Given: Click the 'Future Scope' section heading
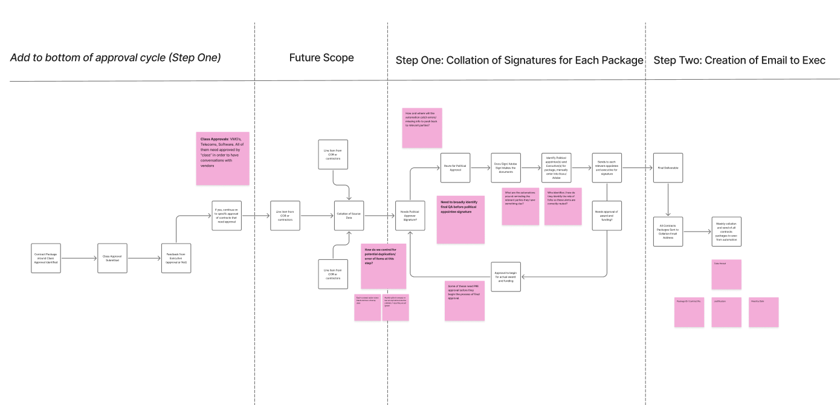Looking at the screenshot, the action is pos(321,58).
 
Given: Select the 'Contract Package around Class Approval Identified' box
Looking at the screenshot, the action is pos(46,258).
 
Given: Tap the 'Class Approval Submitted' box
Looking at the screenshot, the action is pos(112,258).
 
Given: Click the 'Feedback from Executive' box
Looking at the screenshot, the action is pos(176,258).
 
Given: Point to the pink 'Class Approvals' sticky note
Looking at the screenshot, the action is pos(222,158).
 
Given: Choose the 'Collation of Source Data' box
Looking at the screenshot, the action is pos(350,216).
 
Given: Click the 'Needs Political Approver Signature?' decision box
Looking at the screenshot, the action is pos(410,216).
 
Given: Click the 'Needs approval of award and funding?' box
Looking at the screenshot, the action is pos(607,216).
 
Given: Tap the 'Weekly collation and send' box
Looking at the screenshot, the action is pos(726,232).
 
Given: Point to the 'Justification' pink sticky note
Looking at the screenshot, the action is pos(726,312).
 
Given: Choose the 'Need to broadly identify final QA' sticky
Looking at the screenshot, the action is pos(460,219).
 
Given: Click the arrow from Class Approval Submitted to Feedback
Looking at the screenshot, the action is pos(144,258).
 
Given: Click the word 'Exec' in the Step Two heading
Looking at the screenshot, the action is pos(812,60).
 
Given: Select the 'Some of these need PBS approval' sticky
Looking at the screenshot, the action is pos(465,300).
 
